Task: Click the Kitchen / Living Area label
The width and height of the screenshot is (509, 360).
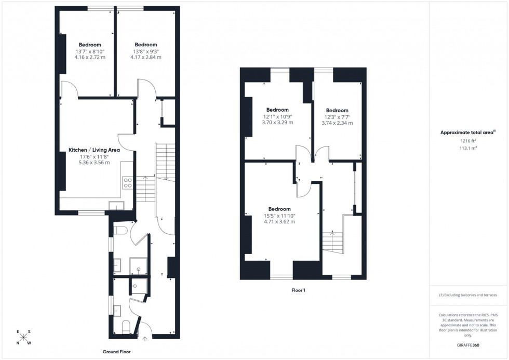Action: [x=94, y=150]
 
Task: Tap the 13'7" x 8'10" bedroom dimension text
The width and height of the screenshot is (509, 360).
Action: [x=90, y=51]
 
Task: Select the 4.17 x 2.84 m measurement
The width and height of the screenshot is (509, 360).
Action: [x=145, y=57]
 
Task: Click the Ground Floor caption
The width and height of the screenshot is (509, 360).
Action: [x=116, y=352]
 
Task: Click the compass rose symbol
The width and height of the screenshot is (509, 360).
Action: [x=23, y=337]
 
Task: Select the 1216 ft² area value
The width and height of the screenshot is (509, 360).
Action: [x=468, y=141]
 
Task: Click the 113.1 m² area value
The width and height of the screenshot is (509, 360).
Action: [x=468, y=148]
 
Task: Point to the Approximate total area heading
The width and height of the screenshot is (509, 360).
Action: [x=467, y=132]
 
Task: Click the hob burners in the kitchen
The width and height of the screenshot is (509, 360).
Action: [x=127, y=183]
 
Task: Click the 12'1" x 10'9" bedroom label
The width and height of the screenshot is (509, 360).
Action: [x=277, y=116]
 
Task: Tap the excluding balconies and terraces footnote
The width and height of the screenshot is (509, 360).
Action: [x=468, y=295]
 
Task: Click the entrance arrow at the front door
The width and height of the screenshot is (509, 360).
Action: [x=145, y=339]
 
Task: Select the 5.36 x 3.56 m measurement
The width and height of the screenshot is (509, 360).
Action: [x=94, y=162]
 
